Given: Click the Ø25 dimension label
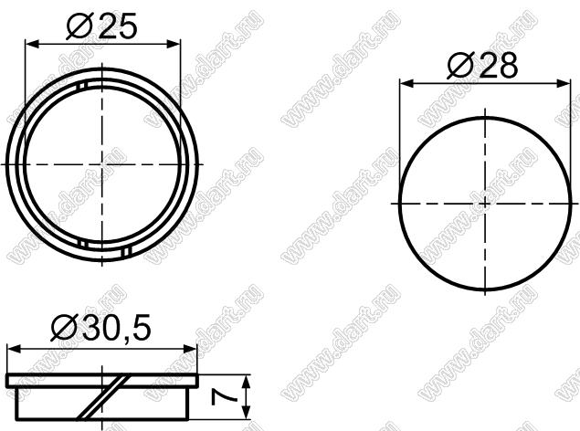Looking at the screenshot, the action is tap(101, 26).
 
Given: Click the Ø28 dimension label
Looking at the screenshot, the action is tap(482, 66).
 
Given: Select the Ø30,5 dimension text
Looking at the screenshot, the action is tap(101, 328).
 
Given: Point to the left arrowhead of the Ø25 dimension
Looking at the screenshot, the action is tap(32, 44).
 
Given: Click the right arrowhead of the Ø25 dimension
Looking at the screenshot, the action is tap(174, 44).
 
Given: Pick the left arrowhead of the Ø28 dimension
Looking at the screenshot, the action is tap(406, 84).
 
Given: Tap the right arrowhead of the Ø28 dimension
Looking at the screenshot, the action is tap(564, 84).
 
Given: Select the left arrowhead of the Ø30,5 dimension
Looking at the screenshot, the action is tap(14, 349).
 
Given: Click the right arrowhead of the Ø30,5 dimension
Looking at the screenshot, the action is tap(191, 349).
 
